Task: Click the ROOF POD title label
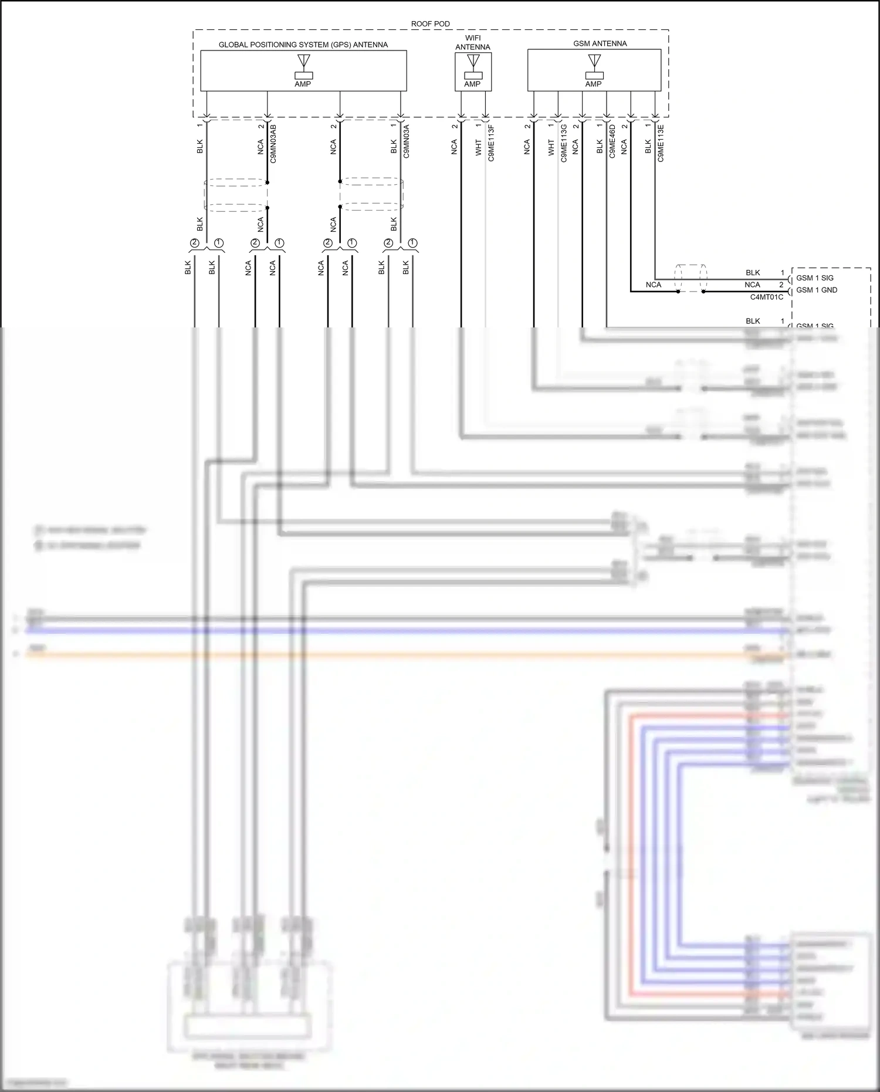pos(430,24)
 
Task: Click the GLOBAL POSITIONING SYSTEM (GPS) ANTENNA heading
pos(303,45)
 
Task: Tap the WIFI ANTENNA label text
pos(473,42)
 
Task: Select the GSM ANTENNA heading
pos(600,43)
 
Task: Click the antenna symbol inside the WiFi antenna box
pos(473,61)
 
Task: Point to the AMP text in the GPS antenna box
pos(303,84)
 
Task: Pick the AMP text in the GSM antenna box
pos(593,84)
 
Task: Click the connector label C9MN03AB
pos(273,144)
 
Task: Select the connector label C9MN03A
pos(407,142)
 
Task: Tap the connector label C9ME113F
pos(491,143)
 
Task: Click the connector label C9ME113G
pos(564,143)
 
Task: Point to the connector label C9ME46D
pos(612,141)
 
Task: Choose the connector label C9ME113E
pos(661,143)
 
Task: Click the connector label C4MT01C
pos(766,297)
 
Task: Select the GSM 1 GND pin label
pos(816,290)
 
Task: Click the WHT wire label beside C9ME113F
pos(479,147)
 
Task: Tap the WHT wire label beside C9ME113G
pos(551,147)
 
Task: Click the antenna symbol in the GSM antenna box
pos(594,61)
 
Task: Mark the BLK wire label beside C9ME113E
pos(648,147)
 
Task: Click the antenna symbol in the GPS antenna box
pos(303,61)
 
